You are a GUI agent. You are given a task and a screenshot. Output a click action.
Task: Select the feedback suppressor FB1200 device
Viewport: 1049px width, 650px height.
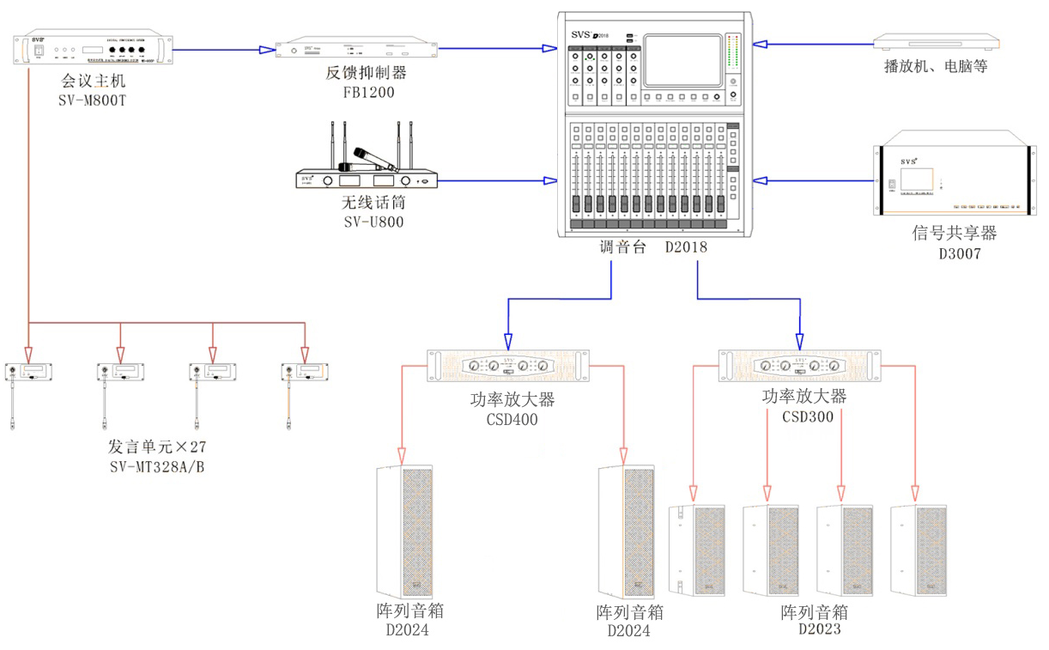coord(357,48)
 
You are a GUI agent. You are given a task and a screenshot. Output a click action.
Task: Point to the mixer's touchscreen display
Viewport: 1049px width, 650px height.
coord(682,60)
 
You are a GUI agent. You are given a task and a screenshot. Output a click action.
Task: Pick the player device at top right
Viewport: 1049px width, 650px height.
coord(936,42)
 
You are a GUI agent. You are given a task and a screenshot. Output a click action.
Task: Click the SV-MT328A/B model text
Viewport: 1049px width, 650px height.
coord(157,467)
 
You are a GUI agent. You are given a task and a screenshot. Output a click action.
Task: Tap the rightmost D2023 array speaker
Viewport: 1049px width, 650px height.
coord(919,550)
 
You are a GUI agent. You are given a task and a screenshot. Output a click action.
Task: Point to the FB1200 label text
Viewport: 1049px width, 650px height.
coord(368,92)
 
